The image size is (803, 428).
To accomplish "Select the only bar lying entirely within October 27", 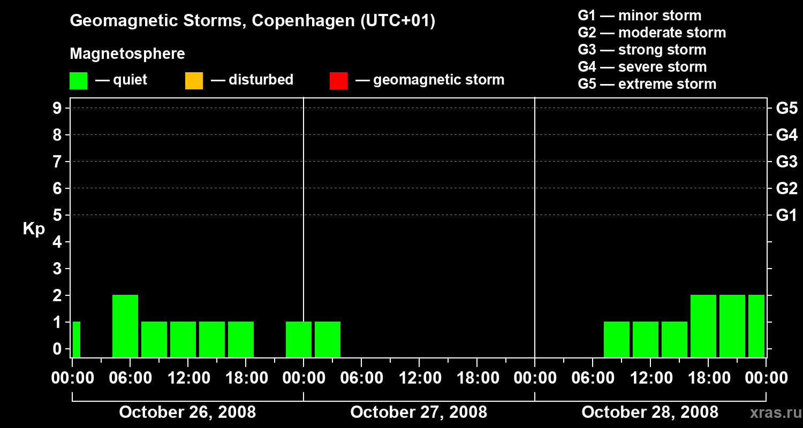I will (328, 339).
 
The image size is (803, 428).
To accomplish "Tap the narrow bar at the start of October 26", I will (76, 339).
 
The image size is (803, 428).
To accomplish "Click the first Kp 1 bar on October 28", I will (617, 339).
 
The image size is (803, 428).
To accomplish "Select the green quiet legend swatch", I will (78, 81).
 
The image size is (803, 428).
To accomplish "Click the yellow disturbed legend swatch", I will (194, 81).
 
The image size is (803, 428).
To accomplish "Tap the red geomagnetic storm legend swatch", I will (338, 81).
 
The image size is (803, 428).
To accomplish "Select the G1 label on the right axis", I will (786, 216).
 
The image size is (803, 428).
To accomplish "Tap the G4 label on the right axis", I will (786, 135).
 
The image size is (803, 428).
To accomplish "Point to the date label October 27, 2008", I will (419, 412).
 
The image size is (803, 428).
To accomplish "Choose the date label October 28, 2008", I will (650, 412).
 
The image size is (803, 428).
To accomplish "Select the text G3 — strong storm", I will (642, 50).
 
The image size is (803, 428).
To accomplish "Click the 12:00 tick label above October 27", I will (419, 378).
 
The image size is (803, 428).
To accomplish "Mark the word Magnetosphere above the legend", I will (127, 54).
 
